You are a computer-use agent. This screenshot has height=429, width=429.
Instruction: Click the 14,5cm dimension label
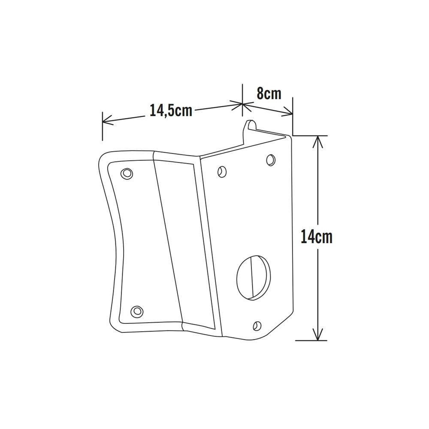(170, 110)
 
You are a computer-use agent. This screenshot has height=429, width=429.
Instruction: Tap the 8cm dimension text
(269, 94)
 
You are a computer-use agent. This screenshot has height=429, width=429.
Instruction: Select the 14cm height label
(316, 237)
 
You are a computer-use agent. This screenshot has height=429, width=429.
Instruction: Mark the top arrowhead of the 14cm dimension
(317, 140)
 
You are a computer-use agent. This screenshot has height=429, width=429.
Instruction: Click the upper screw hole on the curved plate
(126, 173)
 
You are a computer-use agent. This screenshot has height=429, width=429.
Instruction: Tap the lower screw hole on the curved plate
(136, 310)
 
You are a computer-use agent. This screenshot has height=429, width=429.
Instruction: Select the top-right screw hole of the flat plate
(270, 159)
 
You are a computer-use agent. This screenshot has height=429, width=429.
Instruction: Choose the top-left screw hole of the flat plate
(221, 171)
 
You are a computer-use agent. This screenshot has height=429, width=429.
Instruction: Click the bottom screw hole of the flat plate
(257, 325)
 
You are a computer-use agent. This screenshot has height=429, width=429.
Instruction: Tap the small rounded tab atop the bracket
(250, 125)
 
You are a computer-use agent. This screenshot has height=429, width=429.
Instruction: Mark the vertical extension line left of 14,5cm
(103, 126)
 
